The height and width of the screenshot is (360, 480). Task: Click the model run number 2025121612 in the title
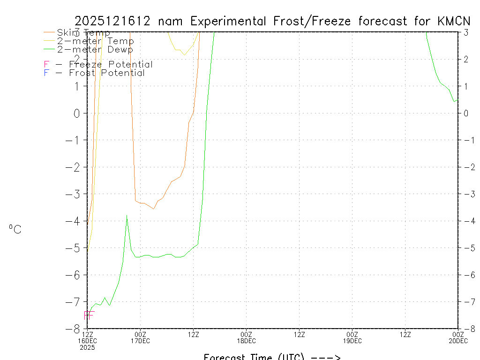112,21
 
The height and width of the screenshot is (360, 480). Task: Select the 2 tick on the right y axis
466,59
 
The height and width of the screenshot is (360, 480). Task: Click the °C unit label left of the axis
15,230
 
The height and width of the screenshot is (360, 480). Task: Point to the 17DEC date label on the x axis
140,341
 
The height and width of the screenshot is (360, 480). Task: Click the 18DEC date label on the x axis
246,341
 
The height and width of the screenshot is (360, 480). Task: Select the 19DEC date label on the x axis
352,341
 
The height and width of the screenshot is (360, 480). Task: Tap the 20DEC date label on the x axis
457,341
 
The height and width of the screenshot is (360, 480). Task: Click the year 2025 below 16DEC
87,347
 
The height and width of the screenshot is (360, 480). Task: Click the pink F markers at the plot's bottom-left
89,315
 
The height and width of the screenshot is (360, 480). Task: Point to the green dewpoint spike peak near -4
127,215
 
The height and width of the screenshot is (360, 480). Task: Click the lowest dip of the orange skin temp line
154,209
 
